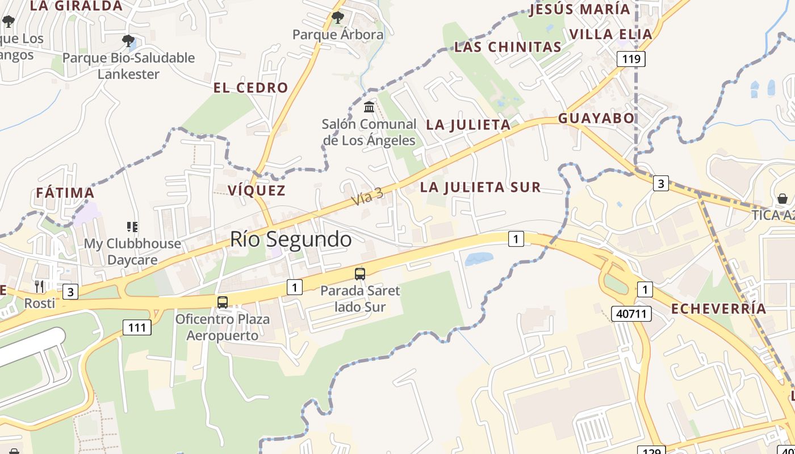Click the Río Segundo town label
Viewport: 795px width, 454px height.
pos(291,239)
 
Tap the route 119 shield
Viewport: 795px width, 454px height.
pos(631,58)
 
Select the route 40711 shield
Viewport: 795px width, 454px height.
pos(631,313)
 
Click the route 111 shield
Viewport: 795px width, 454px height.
pos(137,327)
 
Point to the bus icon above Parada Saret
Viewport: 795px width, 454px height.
pos(360,274)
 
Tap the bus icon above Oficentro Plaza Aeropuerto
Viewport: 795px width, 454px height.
pos(223,302)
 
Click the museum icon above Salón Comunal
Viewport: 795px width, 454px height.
pos(369,107)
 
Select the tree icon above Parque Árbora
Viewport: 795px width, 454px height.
pos(338,18)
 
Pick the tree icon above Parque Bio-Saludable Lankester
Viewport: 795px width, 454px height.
pos(128,41)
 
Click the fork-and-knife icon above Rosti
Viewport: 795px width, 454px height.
pos(39,286)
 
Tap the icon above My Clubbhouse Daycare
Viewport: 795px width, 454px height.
pos(132,227)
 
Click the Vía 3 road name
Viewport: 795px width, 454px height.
pos(367,197)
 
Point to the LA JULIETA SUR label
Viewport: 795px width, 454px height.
pos(480,187)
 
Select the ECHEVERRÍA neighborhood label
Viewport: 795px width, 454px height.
pos(718,309)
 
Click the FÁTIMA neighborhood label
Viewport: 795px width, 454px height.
pos(65,193)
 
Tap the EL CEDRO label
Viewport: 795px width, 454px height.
pos(250,88)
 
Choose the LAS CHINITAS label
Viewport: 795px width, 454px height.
pos(508,47)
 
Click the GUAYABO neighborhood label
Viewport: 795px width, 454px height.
pos(596,118)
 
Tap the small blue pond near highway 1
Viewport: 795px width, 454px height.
pos(479,259)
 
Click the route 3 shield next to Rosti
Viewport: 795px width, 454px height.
pos(70,292)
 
